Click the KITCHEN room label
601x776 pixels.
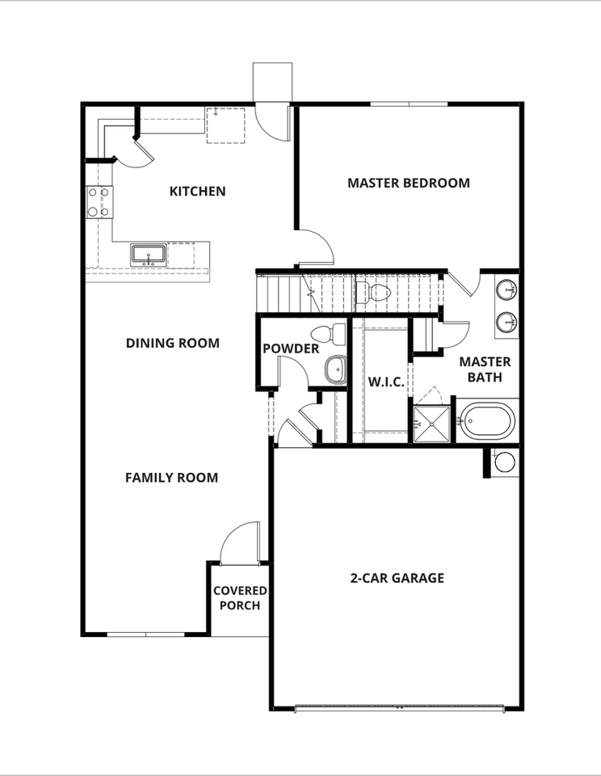tap(197, 192)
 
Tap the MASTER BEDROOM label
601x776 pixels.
tap(408, 183)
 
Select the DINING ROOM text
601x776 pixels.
tap(172, 343)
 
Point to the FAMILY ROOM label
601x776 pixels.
tap(171, 478)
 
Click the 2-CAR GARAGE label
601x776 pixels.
tap(397, 578)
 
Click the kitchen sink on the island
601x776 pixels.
tap(149, 255)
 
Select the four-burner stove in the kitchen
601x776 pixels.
tap(99, 202)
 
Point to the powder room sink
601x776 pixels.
tap(334, 370)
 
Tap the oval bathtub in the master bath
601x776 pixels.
tap(487, 420)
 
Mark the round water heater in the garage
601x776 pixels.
tap(504, 462)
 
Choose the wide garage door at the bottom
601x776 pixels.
tap(399, 708)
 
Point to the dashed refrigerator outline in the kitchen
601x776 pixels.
tap(225, 124)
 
